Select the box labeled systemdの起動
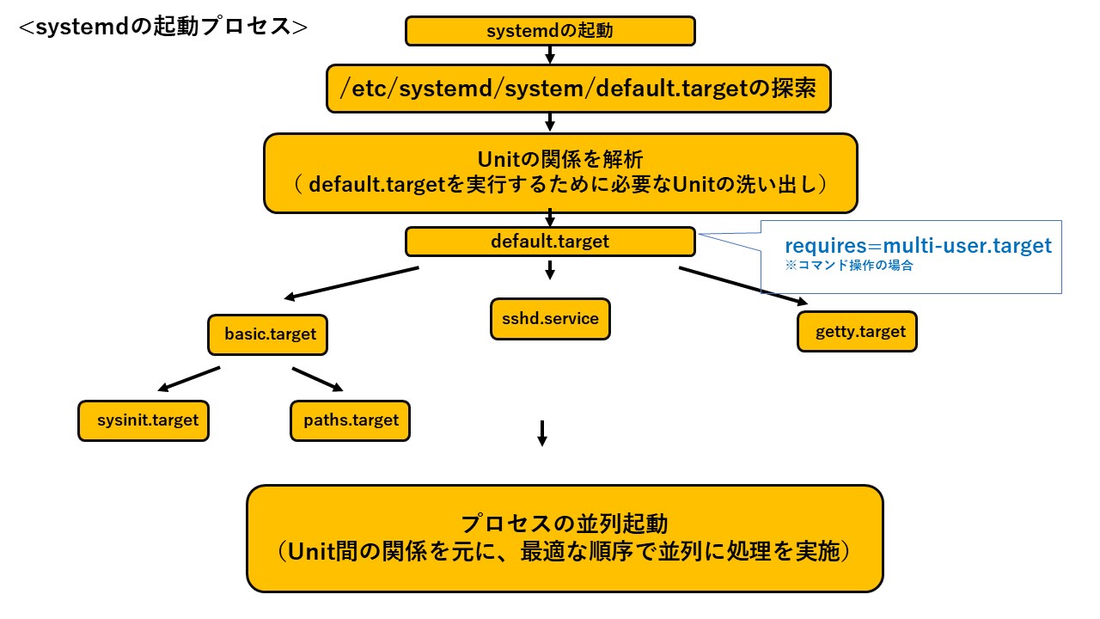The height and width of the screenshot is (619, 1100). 550,32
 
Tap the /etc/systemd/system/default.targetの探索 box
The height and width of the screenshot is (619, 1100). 578,89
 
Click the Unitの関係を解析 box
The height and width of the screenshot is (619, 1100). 560,173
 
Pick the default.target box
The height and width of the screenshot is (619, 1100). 550,242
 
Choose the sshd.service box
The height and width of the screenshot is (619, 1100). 550,319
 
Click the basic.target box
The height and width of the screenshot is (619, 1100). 268,334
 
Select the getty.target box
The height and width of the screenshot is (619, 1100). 856,332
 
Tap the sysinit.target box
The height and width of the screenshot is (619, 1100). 144,421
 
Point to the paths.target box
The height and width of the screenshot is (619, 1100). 351,421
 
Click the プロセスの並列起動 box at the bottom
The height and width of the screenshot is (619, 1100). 565,538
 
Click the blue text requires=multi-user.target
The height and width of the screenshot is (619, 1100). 918,246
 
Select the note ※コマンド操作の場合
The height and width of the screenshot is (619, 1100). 848,267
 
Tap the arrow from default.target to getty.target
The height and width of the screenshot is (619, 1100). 743,286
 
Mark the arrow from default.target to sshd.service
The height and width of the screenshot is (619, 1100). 550,271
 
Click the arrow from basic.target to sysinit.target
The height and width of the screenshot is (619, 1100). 189,378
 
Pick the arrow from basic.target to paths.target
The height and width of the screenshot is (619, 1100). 318,380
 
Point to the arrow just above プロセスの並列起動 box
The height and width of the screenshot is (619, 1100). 541,433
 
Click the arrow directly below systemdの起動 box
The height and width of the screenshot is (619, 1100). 550,55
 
